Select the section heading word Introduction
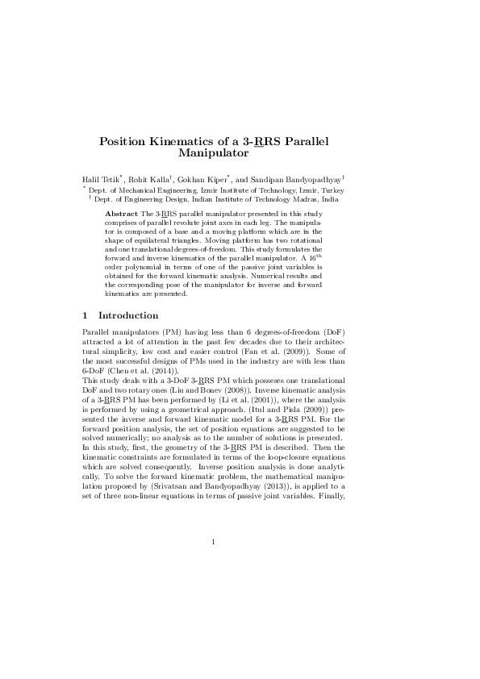(x=127, y=315)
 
